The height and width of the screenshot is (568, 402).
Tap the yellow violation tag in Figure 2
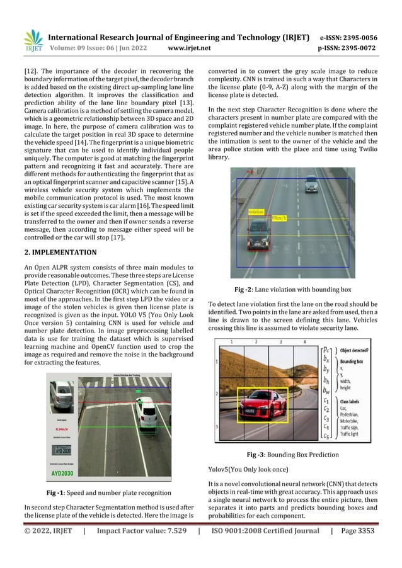(x=256, y=212)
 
